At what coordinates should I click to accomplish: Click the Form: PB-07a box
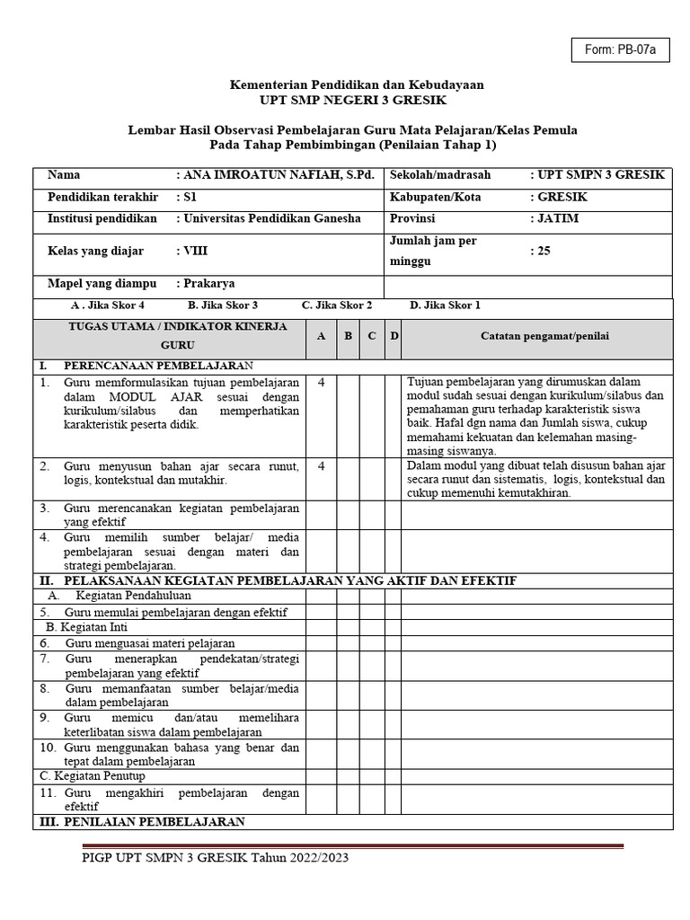coord(620,50)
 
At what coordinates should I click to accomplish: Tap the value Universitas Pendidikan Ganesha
coord(270,218)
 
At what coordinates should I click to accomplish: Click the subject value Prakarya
coord(208,284)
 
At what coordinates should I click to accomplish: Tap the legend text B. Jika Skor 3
coord(222,305)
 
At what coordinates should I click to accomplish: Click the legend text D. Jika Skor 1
coord(445,305)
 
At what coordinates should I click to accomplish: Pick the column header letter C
coord(370,336)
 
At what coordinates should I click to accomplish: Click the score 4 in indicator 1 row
coord(321,382)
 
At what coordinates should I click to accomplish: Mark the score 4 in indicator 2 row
coord(321,466)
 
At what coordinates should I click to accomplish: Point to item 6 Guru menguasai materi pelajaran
coord(149,643)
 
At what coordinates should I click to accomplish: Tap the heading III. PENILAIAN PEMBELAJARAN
coord(141,821)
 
